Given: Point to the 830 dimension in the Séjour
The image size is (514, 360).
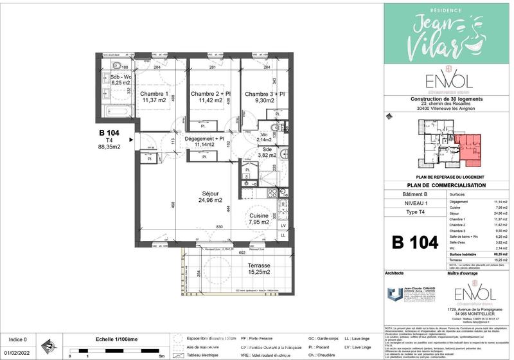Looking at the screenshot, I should click(x=219, y=226).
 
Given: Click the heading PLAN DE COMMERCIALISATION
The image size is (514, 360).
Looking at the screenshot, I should click(x=448, y=186).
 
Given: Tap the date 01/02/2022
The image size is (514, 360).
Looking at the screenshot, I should click(x=17, y=352).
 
